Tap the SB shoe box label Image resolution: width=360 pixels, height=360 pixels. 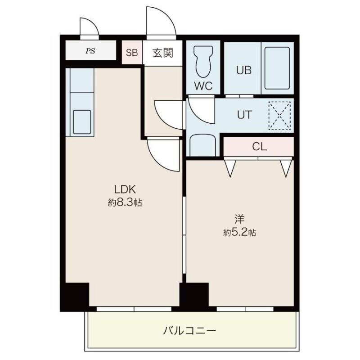pos(132,53)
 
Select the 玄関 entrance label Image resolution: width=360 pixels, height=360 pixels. pos(162,53)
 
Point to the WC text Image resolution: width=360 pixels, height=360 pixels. pos(203,86)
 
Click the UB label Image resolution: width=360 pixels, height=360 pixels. pos(244,70)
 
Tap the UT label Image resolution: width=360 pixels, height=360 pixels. pos(244,115)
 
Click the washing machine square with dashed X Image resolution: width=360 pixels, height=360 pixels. pos(280,115)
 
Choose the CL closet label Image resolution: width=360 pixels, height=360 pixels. pos(259,146)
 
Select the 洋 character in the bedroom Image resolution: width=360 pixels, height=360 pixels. pos(239,219)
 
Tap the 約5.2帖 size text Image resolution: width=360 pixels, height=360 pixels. pos(240,233)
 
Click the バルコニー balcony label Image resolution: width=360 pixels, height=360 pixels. pos(189,332)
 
